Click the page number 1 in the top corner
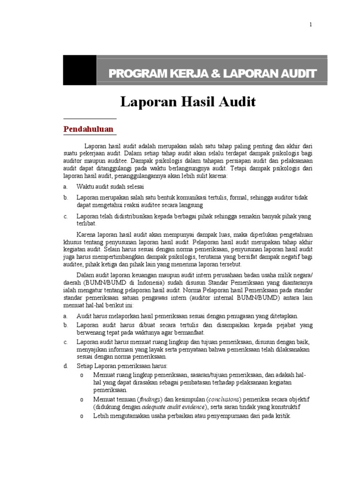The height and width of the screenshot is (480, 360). pyautogui.click(x=310, y=25)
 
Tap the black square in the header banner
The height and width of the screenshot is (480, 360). pyautogui.click(x=80, y=70)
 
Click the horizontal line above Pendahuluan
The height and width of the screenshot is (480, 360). pyautogui.click(x=90, y=119)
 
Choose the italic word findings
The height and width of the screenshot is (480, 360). pyautogui.click(x=149, y=399)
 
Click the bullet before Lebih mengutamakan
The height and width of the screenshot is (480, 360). pyautogui.click(x=82, y=416)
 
